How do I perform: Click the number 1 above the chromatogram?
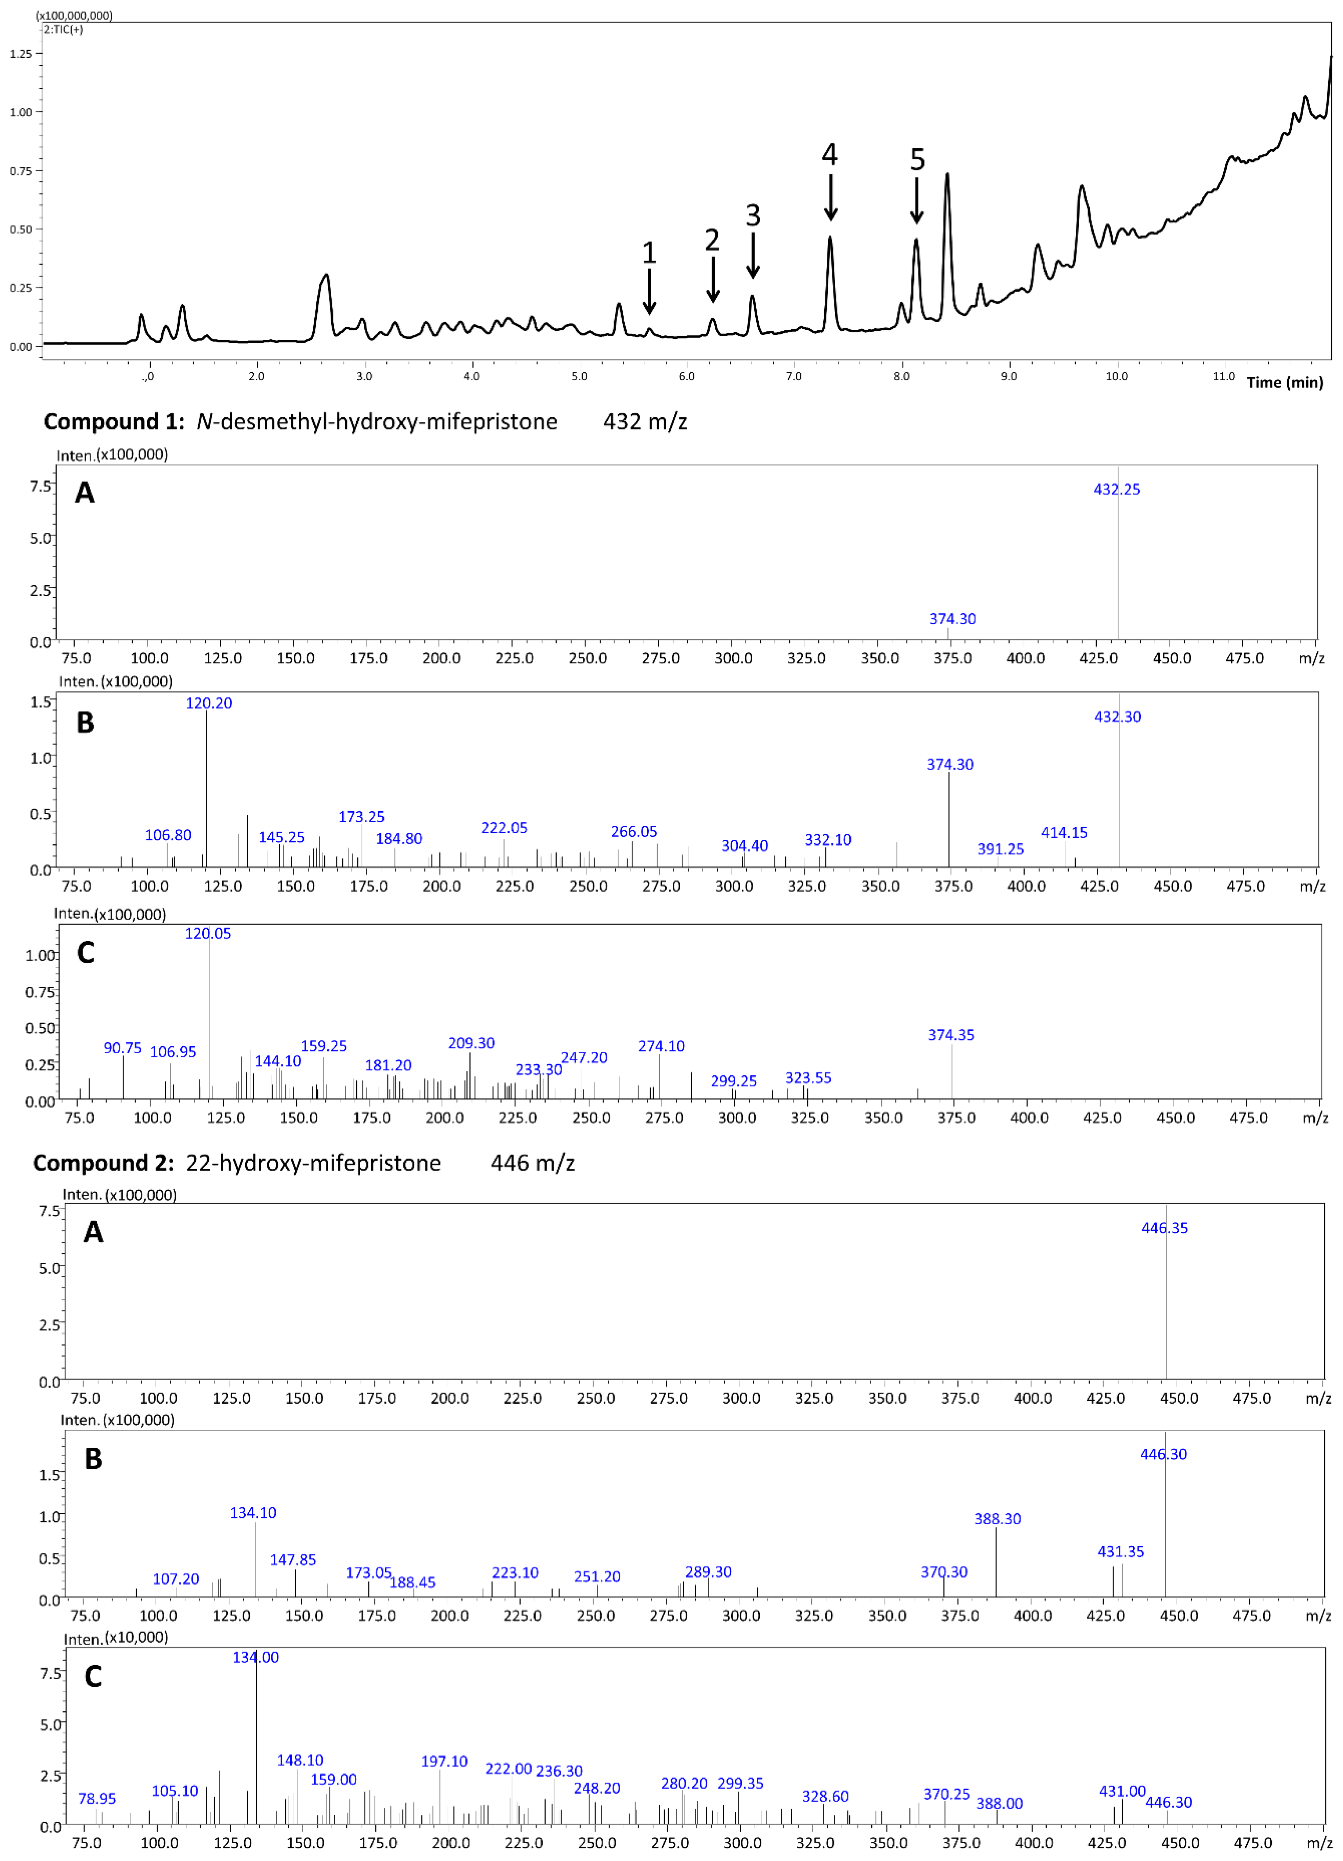click(649, 253)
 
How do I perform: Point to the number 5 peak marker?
click(917, 159)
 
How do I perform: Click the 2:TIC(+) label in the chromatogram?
click(63, 29)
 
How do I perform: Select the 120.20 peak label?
click(208, 703)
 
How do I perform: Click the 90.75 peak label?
click(122, 1048)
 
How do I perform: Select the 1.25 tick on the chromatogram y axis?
click(21, 54)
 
